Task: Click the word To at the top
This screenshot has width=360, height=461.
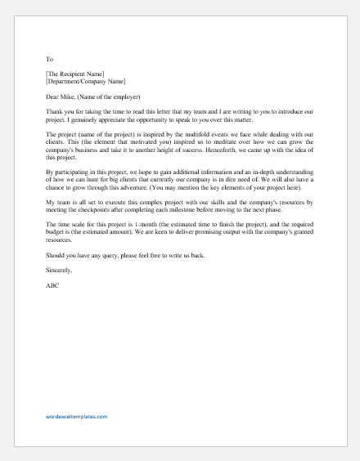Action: coord(49,60)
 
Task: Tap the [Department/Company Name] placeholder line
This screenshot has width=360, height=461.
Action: coord(86,82)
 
